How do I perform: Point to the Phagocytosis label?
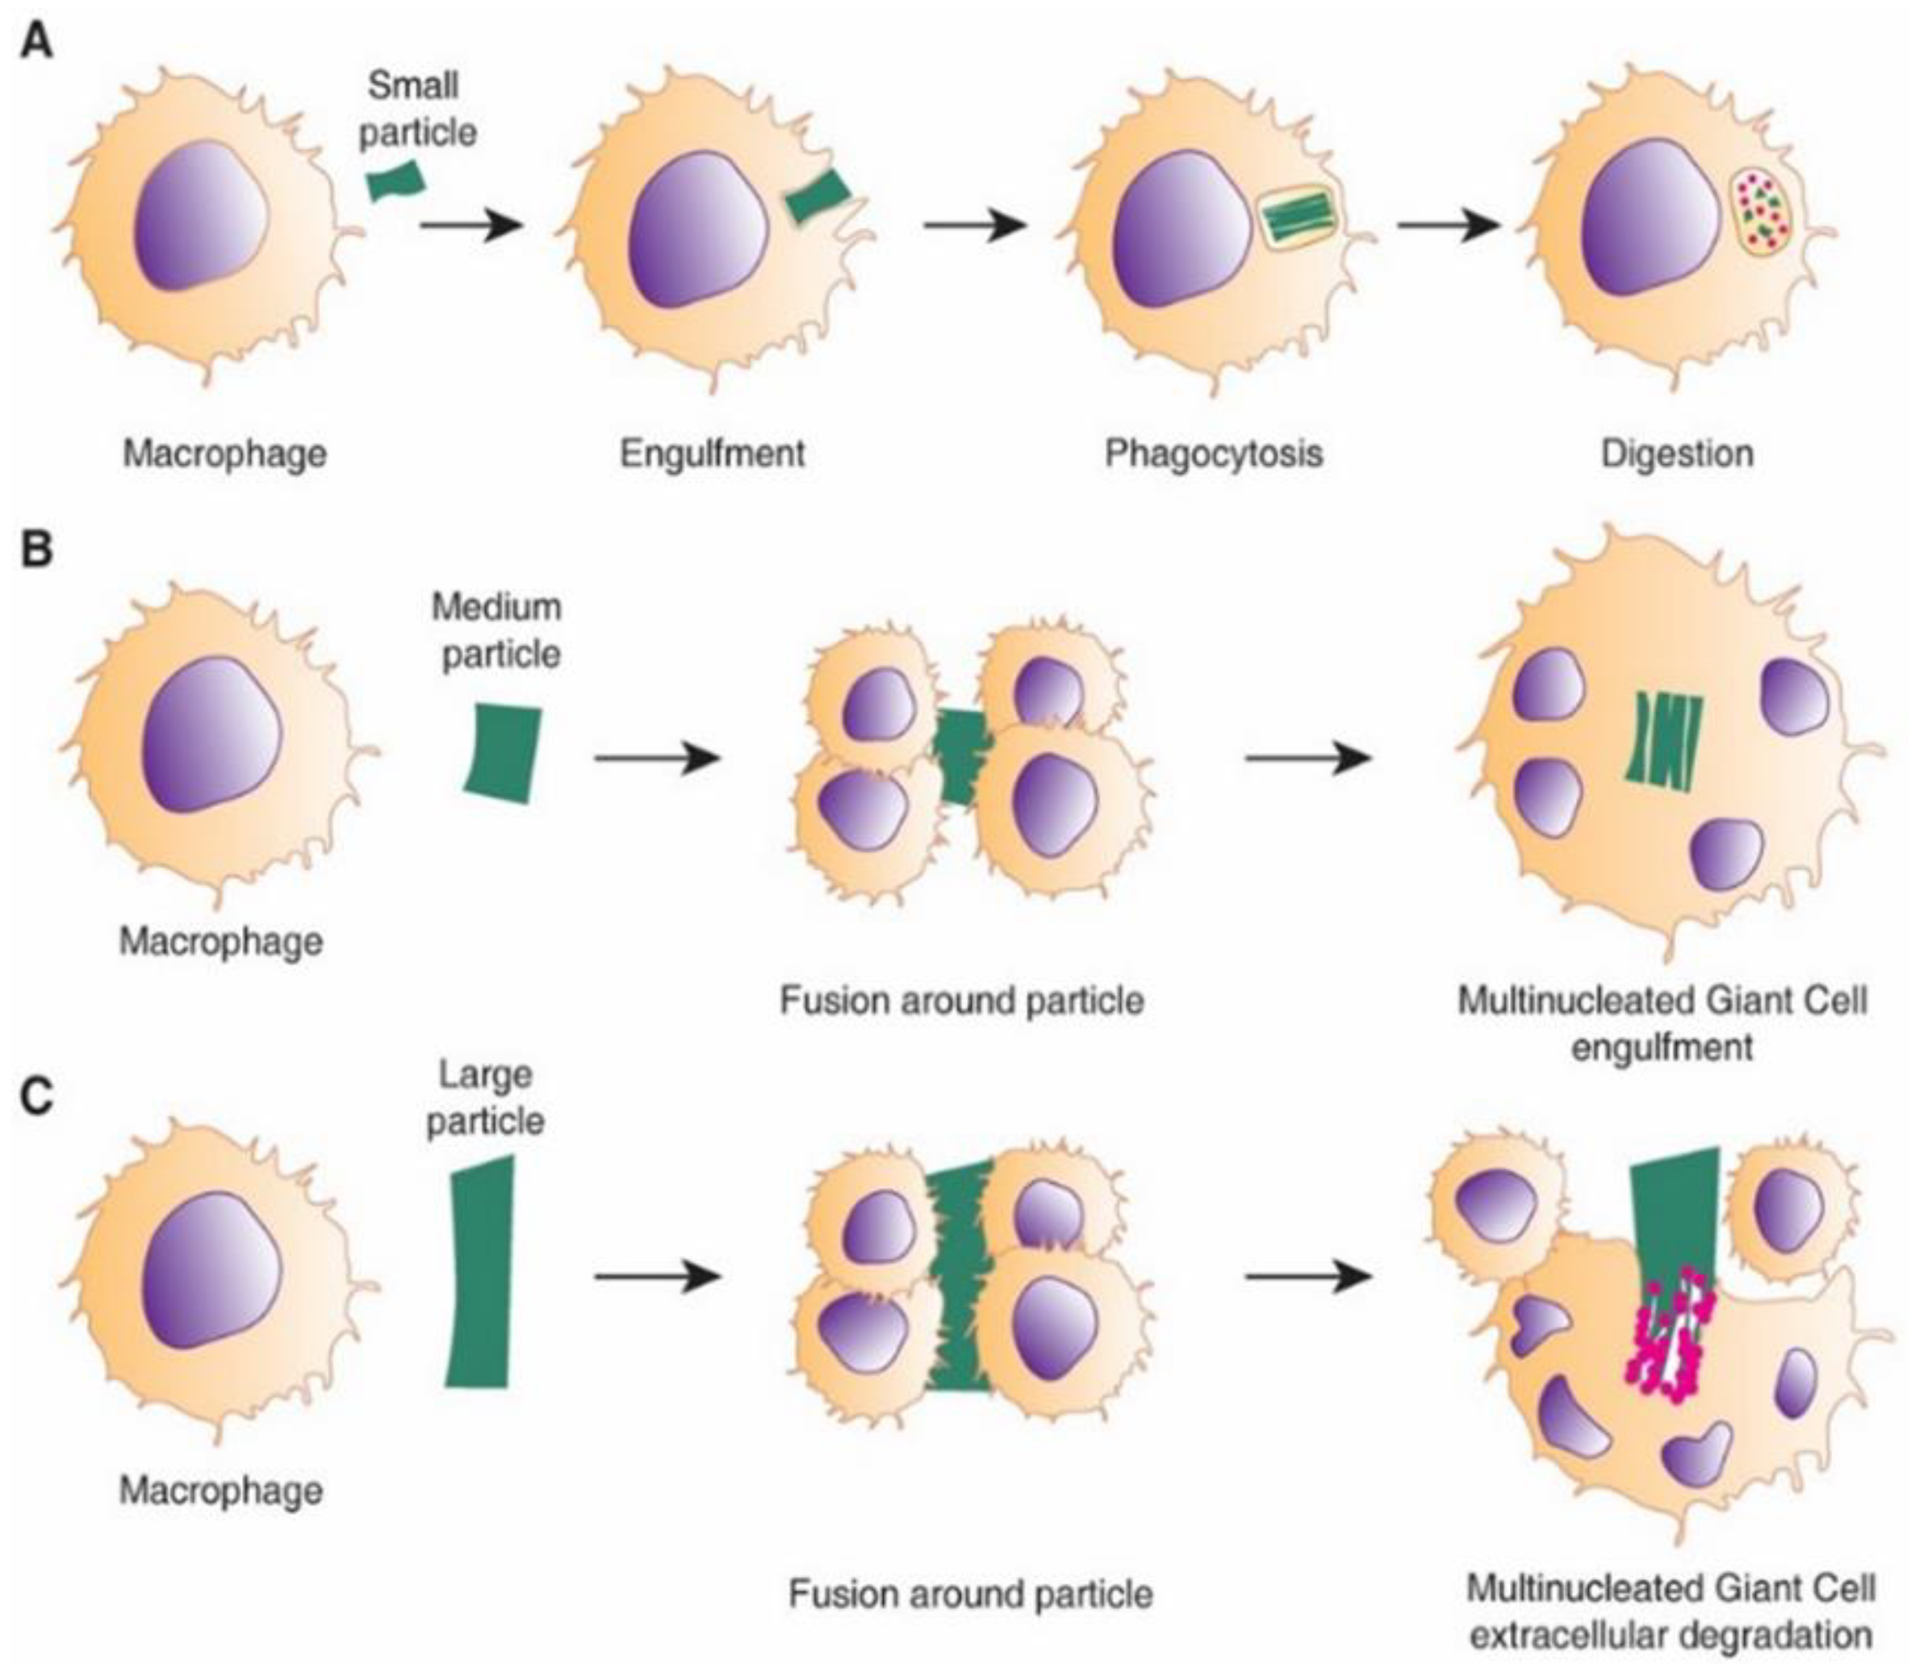[1214, 454]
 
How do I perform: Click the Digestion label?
[1677, 454]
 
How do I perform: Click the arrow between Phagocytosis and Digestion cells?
[1447, 225]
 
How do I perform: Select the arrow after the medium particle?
[656, 757]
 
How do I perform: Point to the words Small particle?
[417, 109]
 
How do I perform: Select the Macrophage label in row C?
[222, 1490]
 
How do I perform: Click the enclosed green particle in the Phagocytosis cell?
[1298, 221]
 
